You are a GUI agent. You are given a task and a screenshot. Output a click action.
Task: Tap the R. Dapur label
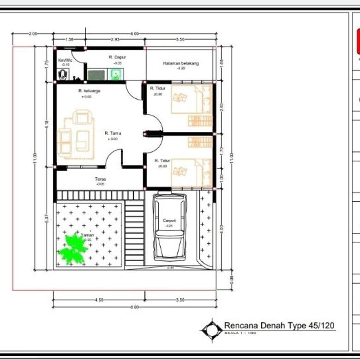pos(115,57)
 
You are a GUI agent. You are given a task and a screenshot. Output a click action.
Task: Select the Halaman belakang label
pos(180,63)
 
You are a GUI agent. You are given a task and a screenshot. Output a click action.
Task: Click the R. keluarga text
pos(89,91)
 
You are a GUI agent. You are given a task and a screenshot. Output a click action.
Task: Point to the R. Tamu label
pos(113,133)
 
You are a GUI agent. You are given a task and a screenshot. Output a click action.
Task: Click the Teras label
pos(101,179)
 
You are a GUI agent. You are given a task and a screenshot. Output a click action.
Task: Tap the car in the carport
pos(169,226)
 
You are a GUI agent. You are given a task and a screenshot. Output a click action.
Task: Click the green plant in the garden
pos(73,250)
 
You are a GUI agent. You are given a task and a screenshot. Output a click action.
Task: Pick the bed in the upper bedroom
pos(187,99)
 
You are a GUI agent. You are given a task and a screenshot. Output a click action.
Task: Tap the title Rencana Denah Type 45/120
pos(279,325)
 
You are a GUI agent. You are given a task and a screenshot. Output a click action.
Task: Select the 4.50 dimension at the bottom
pos(99,300)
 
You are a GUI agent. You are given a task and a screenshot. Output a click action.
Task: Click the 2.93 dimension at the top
pos(115,40)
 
